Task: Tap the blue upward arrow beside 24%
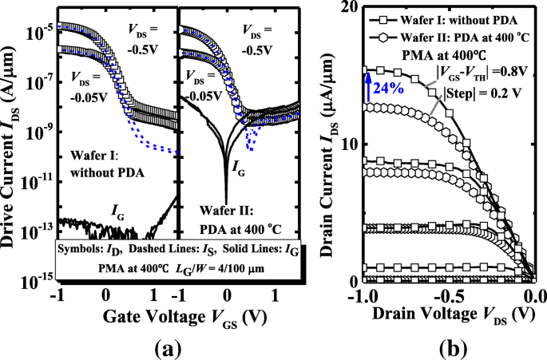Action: [x=368, y=88]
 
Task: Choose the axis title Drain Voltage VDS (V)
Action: [x=453, y=314]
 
